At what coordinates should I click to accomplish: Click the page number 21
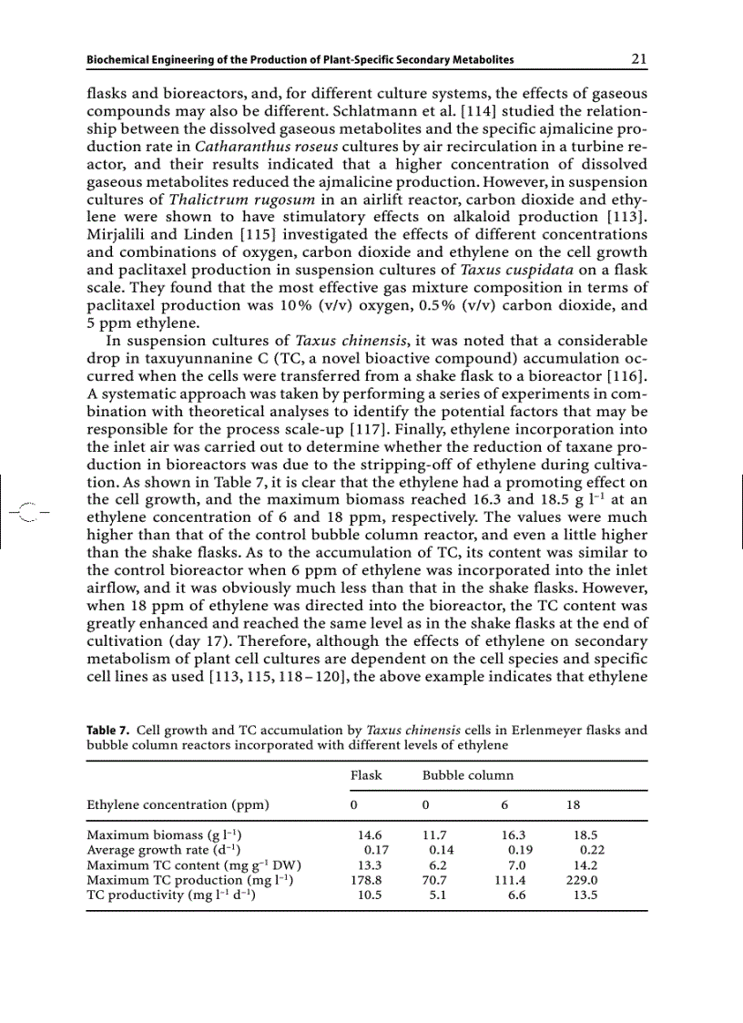click(638, 59)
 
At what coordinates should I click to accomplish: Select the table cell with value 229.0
click(581, 880)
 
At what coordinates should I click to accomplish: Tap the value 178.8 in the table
click(366, 880)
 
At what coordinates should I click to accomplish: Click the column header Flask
click(366, 775)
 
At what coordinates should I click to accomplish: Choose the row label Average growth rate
click(159, 849)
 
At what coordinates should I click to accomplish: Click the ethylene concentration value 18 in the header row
click(573, 805)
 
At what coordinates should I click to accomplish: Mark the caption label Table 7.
click(106, 731)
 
